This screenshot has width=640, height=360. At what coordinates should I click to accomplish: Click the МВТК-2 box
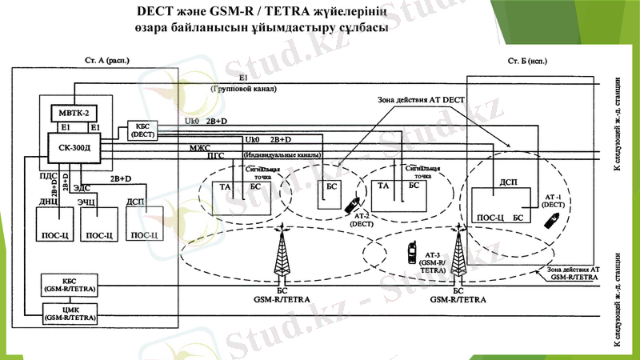coord(77,111)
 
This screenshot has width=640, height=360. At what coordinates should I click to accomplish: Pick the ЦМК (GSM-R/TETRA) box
coord(70,313)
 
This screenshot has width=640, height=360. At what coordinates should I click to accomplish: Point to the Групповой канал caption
coord(245,88)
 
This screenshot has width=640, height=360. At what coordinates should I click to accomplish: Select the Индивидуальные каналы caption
coord(283,154)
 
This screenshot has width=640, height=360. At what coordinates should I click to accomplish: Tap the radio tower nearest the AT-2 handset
coord(281,252)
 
